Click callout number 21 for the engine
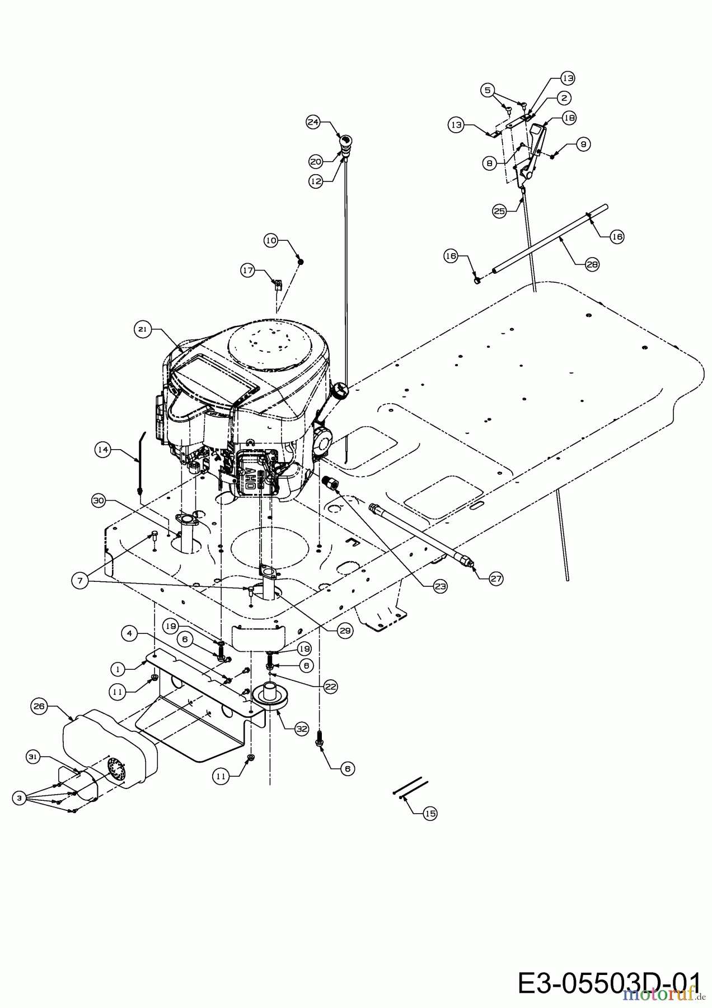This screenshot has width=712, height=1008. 142,330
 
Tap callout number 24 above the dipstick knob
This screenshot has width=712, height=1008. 313,122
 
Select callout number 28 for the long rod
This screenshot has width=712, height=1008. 592,264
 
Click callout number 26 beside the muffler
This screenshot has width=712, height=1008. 39,706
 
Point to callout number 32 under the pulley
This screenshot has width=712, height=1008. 302,729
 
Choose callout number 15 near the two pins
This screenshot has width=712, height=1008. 429,813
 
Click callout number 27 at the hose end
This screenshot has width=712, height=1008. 496,578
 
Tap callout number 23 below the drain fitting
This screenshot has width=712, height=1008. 440,586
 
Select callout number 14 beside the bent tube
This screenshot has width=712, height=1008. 102,449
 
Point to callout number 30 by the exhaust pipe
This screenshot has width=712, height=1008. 99,501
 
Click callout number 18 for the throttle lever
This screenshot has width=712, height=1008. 569,118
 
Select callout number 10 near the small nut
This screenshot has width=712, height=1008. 271,240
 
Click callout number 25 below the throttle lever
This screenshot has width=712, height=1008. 499,211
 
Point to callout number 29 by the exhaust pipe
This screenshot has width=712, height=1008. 345,630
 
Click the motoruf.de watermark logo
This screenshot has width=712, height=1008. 661,994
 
